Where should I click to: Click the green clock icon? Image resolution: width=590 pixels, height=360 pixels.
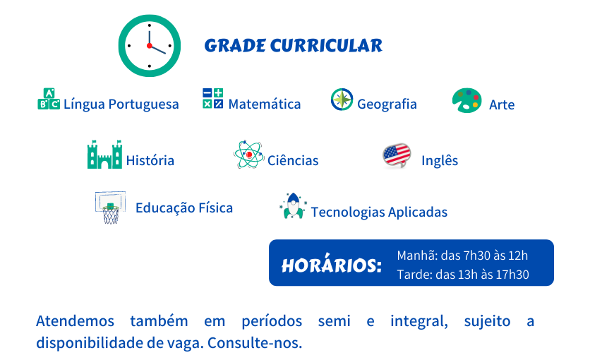coord(150,45)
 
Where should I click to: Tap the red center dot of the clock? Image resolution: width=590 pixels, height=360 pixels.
coord(150,45)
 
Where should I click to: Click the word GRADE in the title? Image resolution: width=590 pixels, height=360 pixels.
coord(235,46)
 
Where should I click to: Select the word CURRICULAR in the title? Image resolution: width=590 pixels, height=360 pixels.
coord(326,46)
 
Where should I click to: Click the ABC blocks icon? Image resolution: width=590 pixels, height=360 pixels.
coord(49,99)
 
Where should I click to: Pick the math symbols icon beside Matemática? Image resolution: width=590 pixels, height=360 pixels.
coord(212,98)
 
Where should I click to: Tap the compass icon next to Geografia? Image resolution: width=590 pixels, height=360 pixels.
coord(342,100)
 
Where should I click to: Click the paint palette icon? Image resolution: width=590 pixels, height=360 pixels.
coord(467,100)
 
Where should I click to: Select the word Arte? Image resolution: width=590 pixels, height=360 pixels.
coord(502,104)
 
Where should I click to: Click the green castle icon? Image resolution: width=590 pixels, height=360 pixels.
coord(104,154)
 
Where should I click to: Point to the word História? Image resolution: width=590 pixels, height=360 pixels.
coord(150,161)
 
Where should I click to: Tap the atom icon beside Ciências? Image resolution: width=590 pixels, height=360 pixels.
coord(248,154)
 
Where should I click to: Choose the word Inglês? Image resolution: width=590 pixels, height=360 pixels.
coord(440,161)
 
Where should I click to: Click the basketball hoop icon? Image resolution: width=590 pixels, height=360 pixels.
coord(110,208)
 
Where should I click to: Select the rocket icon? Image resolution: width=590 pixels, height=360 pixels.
coord(293,206)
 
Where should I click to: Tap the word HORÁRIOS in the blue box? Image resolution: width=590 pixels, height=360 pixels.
coord(332,265)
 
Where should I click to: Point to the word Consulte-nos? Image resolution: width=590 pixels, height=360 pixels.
coord(255,343)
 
